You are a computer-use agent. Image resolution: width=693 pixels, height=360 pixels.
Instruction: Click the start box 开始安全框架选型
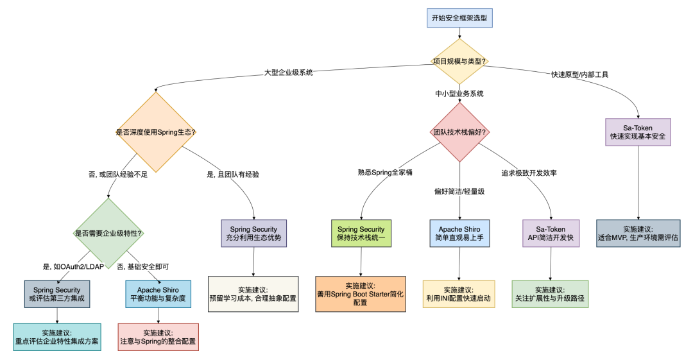(459, 17)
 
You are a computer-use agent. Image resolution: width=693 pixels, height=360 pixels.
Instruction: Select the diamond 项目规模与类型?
(459, 62)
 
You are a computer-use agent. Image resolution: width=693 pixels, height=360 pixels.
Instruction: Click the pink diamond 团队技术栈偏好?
(459, 132)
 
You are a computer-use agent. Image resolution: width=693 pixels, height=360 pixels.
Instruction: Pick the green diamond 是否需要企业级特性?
(108, 233)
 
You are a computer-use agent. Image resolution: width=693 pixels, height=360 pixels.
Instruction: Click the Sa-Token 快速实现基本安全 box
(638, 132)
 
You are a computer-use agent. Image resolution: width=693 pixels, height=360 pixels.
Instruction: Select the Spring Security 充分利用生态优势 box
(254, 233)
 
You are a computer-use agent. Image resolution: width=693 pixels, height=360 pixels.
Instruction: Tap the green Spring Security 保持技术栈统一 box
(361, 233)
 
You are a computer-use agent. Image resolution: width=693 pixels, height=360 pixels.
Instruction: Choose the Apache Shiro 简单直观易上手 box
(459, 233)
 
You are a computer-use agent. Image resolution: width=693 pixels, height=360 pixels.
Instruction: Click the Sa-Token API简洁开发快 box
(551, 233)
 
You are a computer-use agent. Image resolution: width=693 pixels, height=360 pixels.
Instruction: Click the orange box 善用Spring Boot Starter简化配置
(361, 294)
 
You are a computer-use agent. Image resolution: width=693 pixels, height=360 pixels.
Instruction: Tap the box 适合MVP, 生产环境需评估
(638, 233)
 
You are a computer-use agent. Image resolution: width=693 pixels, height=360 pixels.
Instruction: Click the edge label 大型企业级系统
(288, 73)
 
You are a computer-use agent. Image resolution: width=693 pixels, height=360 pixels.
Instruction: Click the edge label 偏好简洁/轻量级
(459, 191)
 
